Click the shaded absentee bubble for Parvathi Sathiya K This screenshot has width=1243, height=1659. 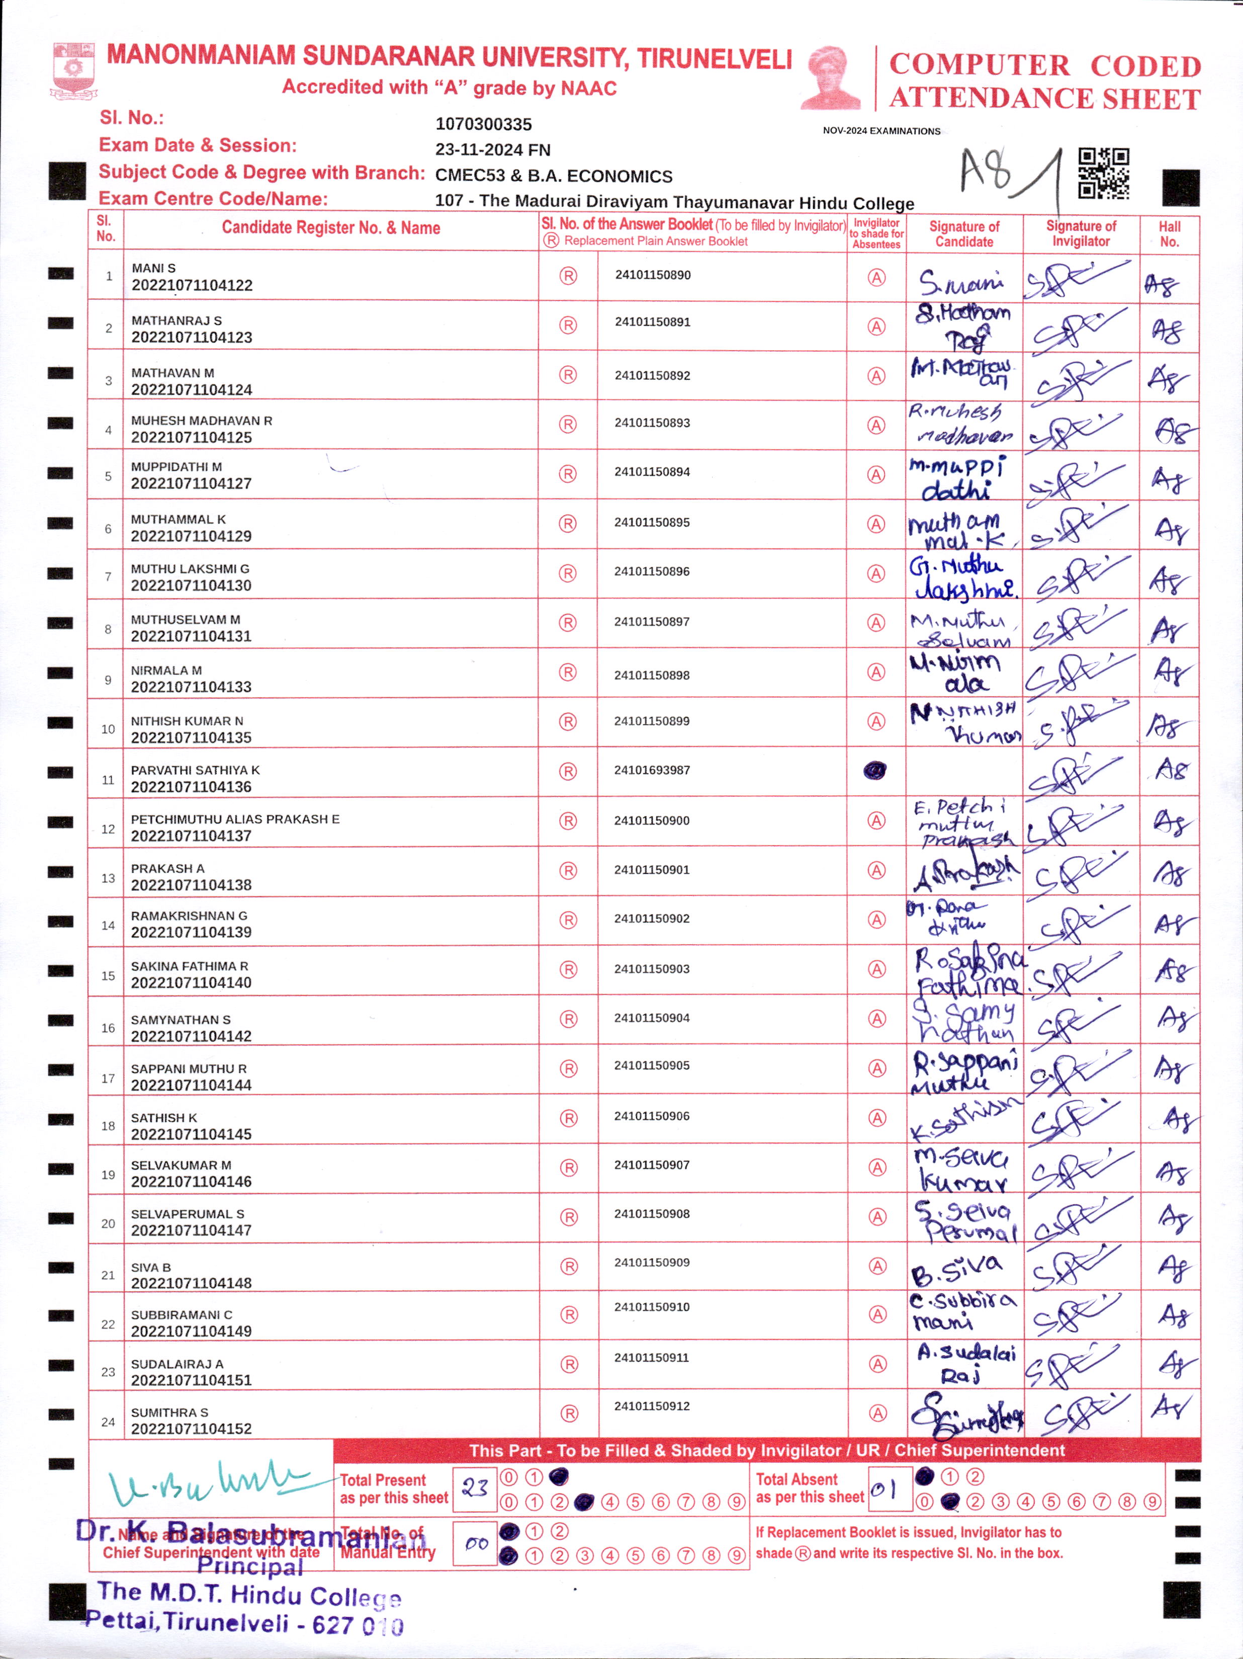(x=875, y=770)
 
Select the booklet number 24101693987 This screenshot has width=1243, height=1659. (x=652, y=770)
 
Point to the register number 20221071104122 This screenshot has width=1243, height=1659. (x=192, y=286)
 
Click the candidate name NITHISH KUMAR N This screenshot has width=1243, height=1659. (x=187, y=721)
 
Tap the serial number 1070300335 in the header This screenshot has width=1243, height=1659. (x=484, y=124)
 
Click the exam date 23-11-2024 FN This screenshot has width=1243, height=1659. (x=493, y=150)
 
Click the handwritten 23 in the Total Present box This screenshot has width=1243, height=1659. (x=475, y=1487)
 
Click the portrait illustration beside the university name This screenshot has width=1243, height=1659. (x=832, y=79)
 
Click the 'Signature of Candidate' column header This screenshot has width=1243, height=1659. (x=964, y=234)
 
